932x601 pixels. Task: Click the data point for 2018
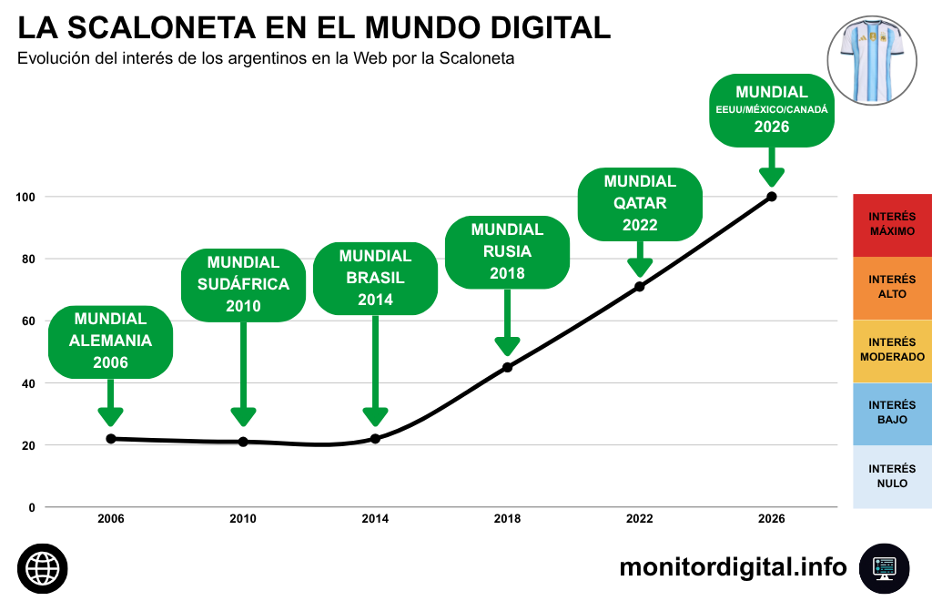coord(507,367)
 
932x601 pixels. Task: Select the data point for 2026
coord(772,196)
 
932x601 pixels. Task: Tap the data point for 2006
coord(110,439)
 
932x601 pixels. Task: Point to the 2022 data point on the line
coord(640,287)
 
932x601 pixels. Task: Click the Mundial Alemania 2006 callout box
coord(110,341)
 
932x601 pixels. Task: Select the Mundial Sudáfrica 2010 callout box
coord(243,285)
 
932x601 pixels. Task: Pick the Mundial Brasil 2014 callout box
coord(375,279)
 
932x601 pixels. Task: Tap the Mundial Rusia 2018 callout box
coord(507,252)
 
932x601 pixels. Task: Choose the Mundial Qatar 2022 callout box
coord(640,204)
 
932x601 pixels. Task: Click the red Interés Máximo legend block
coord(892,225)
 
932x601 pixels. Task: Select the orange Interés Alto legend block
coord(892,289)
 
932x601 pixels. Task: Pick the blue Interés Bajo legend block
coord(892,413)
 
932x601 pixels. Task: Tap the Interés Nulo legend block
coord(892,477)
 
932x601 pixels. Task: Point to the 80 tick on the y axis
coord(28,260)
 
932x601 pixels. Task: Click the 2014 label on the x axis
coord(375,519)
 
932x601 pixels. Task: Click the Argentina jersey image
coord(872,61)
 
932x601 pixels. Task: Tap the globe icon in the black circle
coord(42,568)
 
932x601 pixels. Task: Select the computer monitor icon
coord(885,568)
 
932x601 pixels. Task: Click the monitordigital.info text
coord(733,567)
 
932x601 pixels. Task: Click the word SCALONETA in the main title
coord(161,27)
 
